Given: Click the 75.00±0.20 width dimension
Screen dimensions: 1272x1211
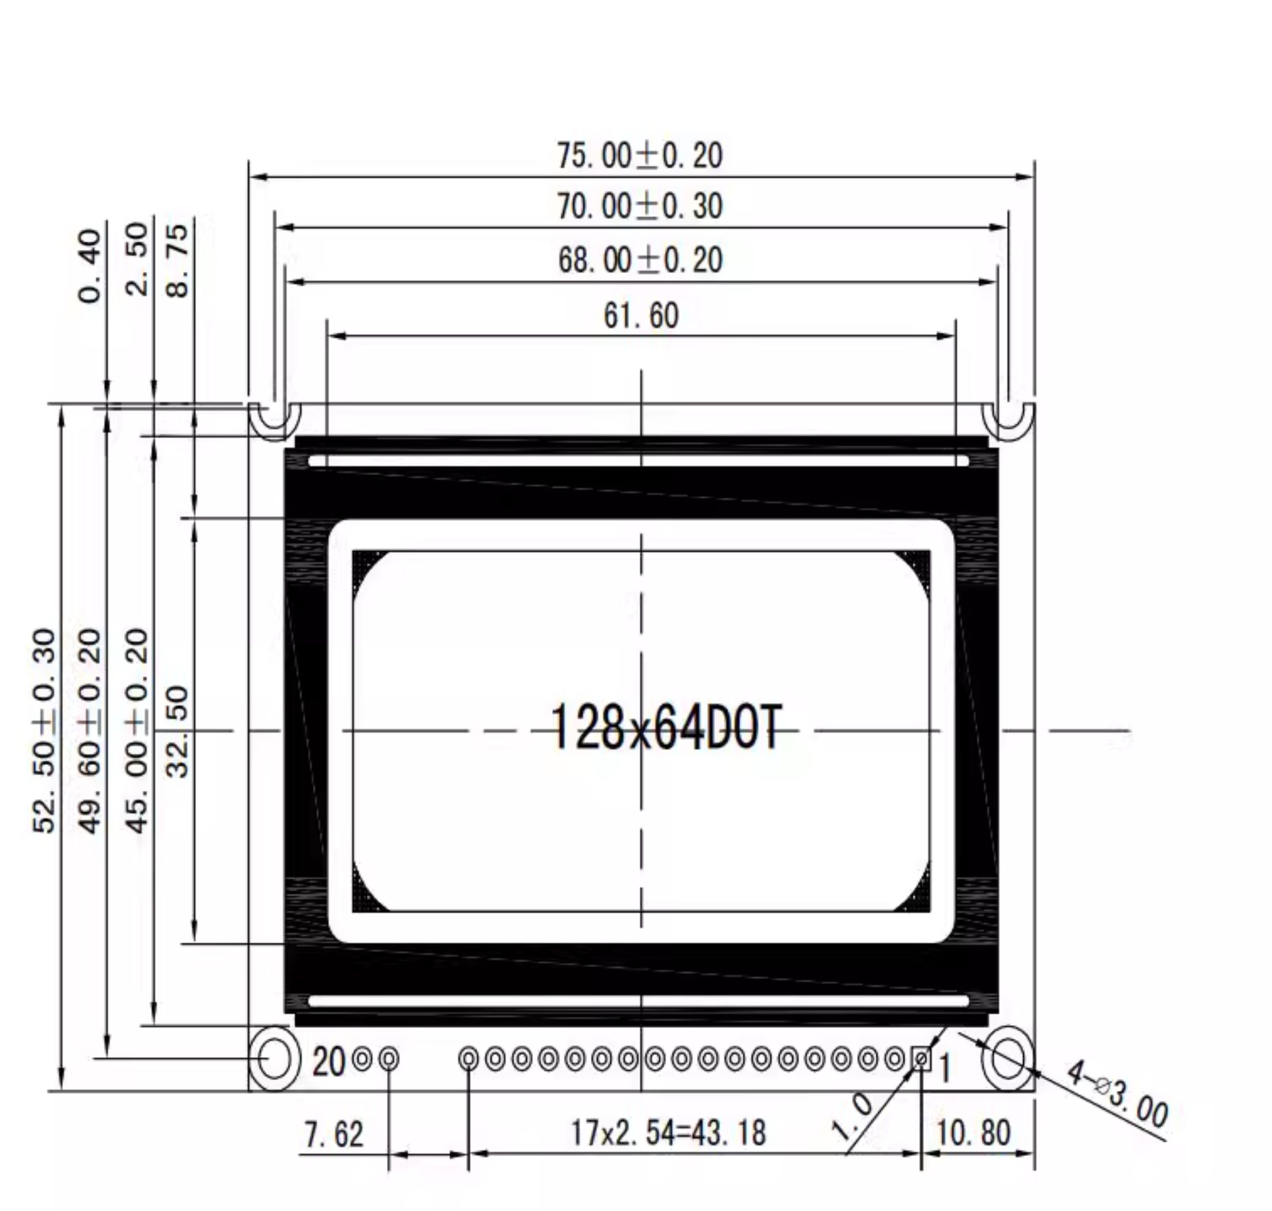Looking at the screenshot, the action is point(640,155).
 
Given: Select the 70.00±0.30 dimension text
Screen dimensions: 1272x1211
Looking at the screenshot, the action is point(640,207).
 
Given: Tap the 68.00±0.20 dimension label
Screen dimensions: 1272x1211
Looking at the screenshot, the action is point(640,261).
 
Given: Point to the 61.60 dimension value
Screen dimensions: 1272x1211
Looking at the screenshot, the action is point(641,316).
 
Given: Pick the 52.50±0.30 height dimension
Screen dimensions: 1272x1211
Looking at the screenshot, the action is point(45,731).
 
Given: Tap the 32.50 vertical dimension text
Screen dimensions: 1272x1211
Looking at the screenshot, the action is point(177,731).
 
